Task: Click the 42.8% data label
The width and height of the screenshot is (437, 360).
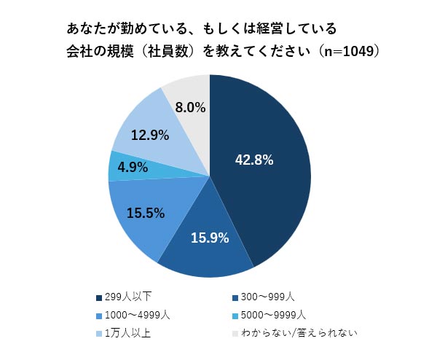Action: (253, 160)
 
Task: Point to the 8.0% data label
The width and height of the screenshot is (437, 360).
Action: (189, 107)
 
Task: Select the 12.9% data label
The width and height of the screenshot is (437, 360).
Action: (150, 135)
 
